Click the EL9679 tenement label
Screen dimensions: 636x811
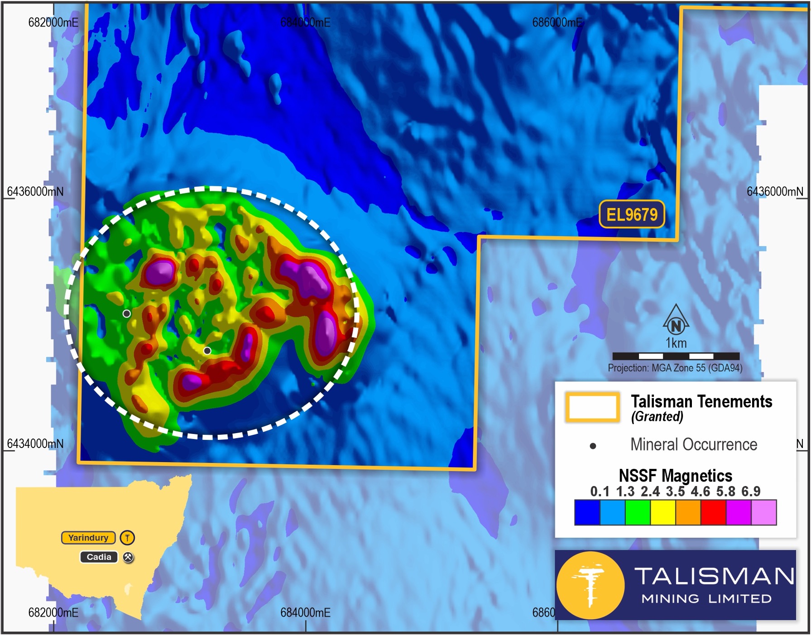(x=632, y=214)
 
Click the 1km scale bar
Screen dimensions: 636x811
(x=676, y=356)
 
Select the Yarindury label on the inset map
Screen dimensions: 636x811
(x=88, y=538)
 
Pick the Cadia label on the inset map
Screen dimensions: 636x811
(x=99, y=557)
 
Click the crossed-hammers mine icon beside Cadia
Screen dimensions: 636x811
(x=129, y=558)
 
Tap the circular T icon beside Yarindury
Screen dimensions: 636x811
(x=127, y=538)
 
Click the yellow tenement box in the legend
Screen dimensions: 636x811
(x=592, y=407)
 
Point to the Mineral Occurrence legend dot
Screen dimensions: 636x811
(x=593, y=446)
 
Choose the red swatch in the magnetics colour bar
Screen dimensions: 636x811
(x=713, y=513)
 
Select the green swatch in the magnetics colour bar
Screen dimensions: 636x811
(x=638, y=513)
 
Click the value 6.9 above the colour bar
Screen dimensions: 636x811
(x=751, y=491)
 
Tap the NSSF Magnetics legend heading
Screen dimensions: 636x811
(x=675, y=476)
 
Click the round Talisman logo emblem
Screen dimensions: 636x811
(x=590, y=585)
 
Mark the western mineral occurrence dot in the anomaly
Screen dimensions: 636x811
(x=127, y=313)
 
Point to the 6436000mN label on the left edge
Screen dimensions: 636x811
(x=35, y=192)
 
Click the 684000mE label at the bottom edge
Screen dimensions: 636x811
(x=305, y=613)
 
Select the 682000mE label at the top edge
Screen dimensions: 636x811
(x=53, y=23)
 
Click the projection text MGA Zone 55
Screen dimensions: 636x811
(x=675, y=368)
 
